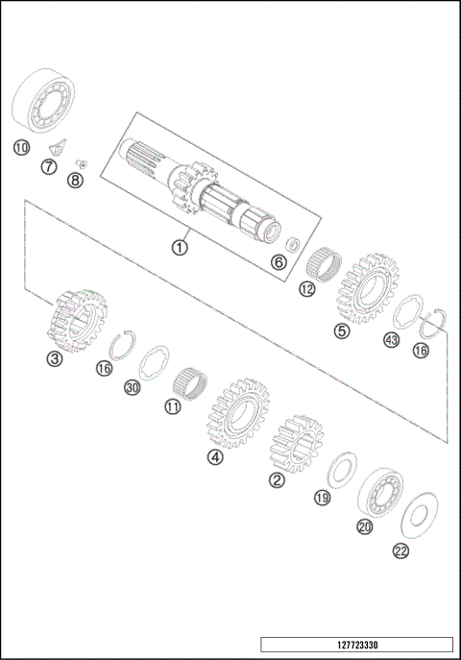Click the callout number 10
click(x=21, y=147)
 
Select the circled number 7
click(x=47, y=168)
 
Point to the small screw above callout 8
click(x=82, y=162)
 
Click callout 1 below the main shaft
click(x=179, y=246)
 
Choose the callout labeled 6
click(x=279, y=260)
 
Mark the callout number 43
click(x=391, y=340)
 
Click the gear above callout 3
click(x=79, y=316)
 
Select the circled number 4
click(x=216, y=457)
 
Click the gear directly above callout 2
click(x=298, y=445)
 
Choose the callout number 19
click(x=322, y=497)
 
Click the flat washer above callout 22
click(x=420, y=515)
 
